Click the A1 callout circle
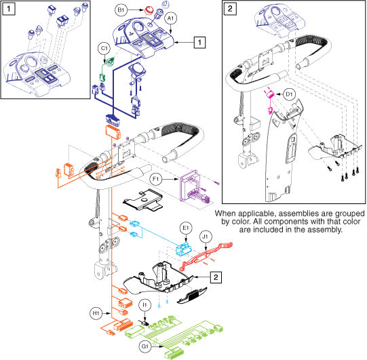click(x=171, y=18)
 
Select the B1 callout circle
click(x=121, y=9)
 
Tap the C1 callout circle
click(x=104, y=48)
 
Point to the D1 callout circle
click(x=289, y=94)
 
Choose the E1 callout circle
click(x=186, y=228)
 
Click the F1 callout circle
click(x=155, y=179)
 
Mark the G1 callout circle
click(x=145, y=346)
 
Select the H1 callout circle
click(x=96, y=313)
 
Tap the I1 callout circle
click(x=145, y=305)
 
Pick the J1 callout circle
click(x=206, y=237)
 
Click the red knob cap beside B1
click(x=149, y=10)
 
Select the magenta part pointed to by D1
click(x=271, y=94)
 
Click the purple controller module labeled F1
click(x=189, y=185)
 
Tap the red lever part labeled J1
click(x=206, y=256)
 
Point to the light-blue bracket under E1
click(x=183, y=249)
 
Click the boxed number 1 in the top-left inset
click(x=9, y=9)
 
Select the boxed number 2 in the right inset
click(x=230, y=9)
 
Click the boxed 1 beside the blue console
click(x=199, y=42)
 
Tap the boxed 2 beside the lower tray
click(x=216, y=277)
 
